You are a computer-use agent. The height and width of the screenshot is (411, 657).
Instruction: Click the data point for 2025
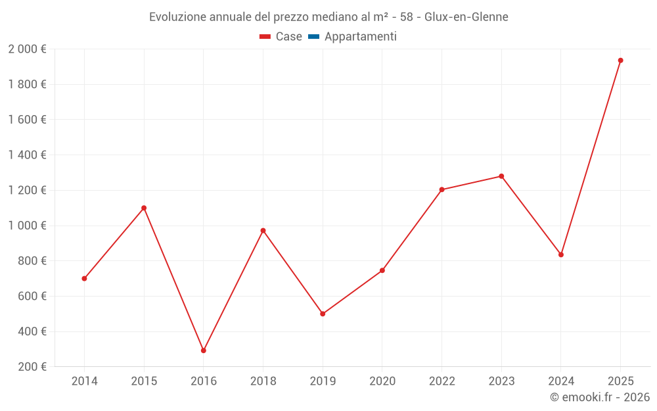(620, 60)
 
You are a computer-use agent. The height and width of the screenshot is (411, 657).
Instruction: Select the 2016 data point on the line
(204, 351)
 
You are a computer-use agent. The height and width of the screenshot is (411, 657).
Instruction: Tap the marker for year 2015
(144, 208)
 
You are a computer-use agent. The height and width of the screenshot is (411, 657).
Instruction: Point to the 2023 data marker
(501, 176)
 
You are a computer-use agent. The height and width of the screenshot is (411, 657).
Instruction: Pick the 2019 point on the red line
(323, 314)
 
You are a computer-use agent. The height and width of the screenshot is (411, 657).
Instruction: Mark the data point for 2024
(561, 254)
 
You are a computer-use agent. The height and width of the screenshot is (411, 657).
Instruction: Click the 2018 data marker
(263, 231)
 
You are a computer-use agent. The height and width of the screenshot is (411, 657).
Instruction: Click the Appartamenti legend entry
(360, 37)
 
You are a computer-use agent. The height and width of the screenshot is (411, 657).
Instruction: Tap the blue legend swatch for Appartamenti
(313, 37)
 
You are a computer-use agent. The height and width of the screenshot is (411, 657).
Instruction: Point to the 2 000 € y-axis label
(27, 49)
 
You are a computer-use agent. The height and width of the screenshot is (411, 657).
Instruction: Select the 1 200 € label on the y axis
(27, 190)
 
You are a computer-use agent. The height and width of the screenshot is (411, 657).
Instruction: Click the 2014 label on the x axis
(85, 381)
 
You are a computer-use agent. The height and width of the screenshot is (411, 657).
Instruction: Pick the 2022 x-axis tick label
(442, 381)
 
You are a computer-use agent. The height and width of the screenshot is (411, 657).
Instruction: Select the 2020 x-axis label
(382, 381)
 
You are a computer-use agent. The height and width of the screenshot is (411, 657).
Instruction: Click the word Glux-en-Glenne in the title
(466, 16)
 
